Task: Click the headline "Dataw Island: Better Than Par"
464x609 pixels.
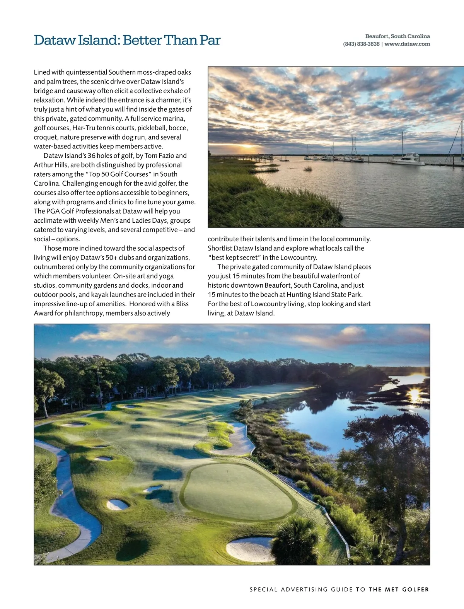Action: [127, 40]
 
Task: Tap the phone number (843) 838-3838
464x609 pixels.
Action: [361, 44]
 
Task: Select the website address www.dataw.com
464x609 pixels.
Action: [407, 44]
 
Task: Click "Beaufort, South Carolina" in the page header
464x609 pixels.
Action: [397, 36]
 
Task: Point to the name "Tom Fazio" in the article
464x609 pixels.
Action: [160, 155]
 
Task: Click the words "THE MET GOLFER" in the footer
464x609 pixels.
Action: [399, 590]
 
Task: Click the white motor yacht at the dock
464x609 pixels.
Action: [406, 159]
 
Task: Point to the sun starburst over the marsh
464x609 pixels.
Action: [414, 394]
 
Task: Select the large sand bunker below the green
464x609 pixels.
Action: [249, 549]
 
